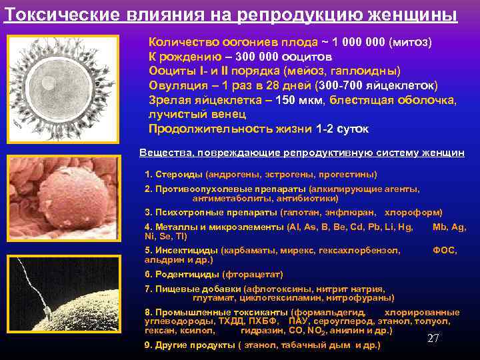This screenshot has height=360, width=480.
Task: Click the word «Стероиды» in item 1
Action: click(179, 174)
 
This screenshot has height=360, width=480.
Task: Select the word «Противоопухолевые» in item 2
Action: click(200, 189)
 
